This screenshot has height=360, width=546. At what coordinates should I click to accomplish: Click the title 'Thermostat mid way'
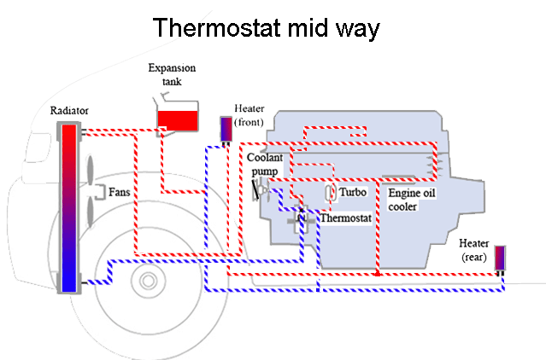[266, 27]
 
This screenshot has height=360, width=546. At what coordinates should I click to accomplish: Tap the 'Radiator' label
[69, 111]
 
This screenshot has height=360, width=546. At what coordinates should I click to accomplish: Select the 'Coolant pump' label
[262, 165]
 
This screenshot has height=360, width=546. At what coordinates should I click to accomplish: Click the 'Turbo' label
[353, 193]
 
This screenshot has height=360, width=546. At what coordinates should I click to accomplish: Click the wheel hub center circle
[148, 280]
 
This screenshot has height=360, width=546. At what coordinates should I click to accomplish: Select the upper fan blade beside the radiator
[91, 172]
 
